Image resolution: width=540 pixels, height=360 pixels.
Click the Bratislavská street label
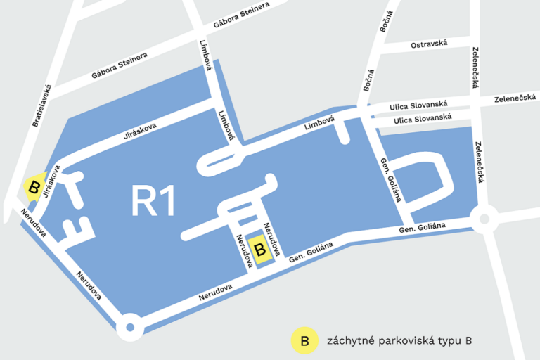[44, 106]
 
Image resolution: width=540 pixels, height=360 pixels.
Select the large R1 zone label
[153, 202]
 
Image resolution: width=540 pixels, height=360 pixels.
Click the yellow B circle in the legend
[304, 341]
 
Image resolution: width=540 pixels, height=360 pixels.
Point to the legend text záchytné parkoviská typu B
[399, 341]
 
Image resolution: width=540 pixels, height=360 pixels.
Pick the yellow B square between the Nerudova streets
[260, 250]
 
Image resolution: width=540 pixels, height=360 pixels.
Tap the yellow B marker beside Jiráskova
[32, 187]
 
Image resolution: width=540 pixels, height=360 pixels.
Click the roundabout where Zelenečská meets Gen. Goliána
[484, 219]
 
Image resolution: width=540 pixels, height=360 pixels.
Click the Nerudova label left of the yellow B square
[244, 250]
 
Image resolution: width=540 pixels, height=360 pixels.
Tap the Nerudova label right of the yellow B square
[272, 239]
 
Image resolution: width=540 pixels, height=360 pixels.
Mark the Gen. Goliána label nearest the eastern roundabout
[423, 226]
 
